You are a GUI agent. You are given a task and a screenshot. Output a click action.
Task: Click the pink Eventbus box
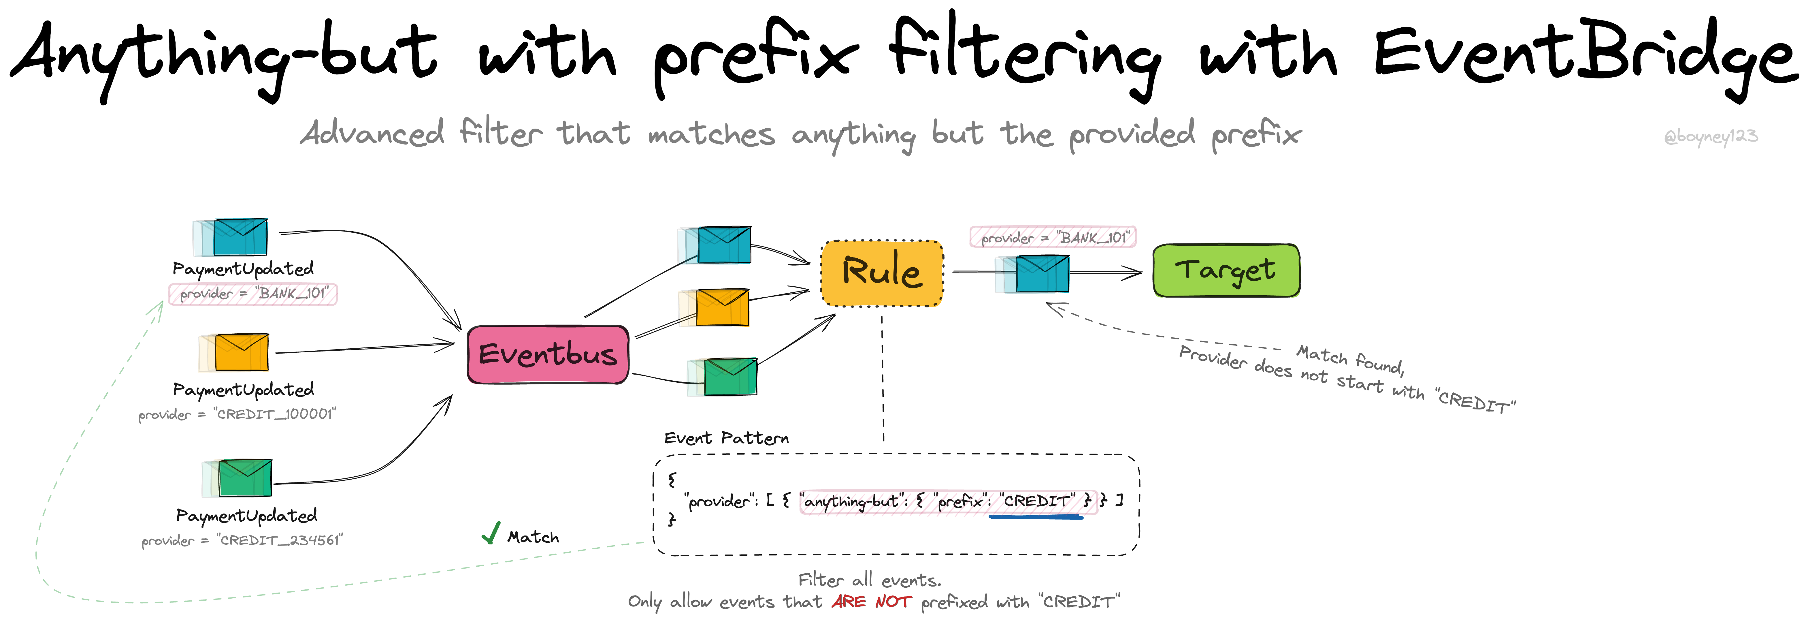click(x=548, y=354)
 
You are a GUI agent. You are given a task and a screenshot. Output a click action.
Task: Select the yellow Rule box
click(x=882, y=273)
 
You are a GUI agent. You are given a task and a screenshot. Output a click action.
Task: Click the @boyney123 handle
click(x=1711, y=136)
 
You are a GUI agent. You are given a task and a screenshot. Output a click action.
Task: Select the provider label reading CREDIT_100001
click(x=237, y=414)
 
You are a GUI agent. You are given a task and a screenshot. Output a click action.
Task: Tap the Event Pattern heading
click(x=726, y=438)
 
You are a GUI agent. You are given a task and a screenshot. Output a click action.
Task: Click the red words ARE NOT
click(x=872, y=602)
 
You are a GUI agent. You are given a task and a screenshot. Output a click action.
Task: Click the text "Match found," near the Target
click(x=1349, y=359)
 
